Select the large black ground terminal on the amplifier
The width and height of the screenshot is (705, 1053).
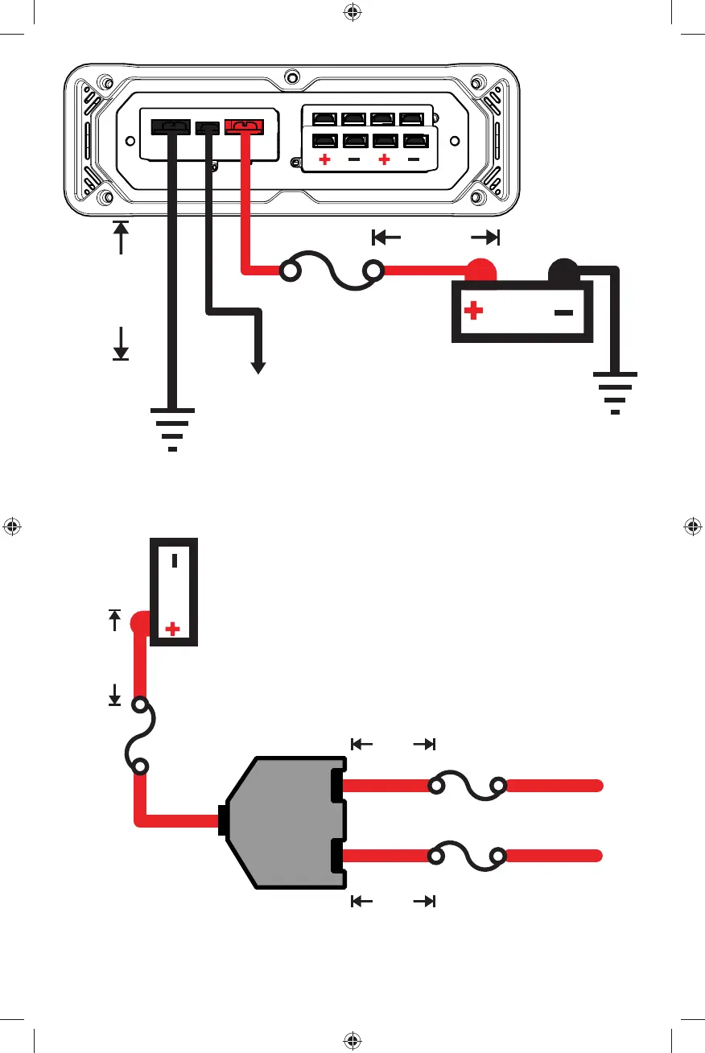click(x=171, y=126)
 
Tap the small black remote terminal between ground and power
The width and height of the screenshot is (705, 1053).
click(x=208, y=127)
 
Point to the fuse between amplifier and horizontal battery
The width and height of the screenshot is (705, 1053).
click(x=332, y=272)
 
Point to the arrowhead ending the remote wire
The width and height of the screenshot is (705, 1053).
click(x=258, y=367)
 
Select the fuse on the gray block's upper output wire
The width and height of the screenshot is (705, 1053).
click(x=467, y=787)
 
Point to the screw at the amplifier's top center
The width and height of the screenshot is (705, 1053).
click(x=292, y=78)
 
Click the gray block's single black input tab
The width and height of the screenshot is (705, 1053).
click(x=221, y=820)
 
